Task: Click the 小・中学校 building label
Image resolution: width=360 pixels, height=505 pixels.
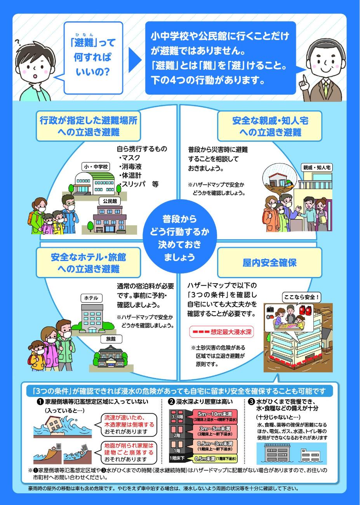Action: (x=96, y=167)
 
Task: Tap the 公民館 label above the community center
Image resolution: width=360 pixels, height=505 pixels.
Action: (x=110, y=201)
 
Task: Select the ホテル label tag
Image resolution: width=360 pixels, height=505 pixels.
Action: (x=91, y=298)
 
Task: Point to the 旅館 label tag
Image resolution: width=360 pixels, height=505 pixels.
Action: (x=111, y=339)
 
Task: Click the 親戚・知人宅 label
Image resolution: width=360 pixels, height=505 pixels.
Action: (x=317, y=168)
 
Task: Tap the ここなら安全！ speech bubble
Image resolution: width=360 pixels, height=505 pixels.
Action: (x=301, y=297)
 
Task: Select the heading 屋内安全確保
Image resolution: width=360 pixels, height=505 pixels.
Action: (x=270, y=263)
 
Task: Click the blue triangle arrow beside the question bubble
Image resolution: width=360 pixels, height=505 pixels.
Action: (x=135, y=60)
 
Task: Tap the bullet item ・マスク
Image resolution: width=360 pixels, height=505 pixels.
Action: (x=129, y=158)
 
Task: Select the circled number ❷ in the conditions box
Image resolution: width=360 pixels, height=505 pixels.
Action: (x=172, y=402)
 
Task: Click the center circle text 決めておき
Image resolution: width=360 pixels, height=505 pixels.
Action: (x=179, y=245)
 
